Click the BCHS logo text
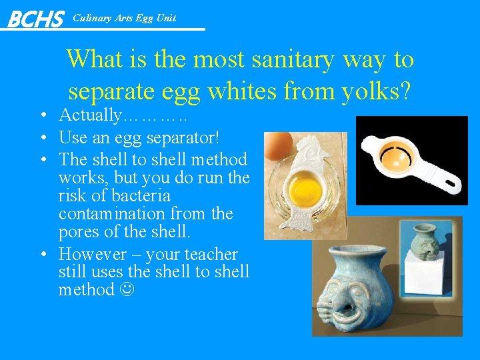(35, 19)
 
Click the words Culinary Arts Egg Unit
(124, 18)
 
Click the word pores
(77, 232)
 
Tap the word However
(92, 255)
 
